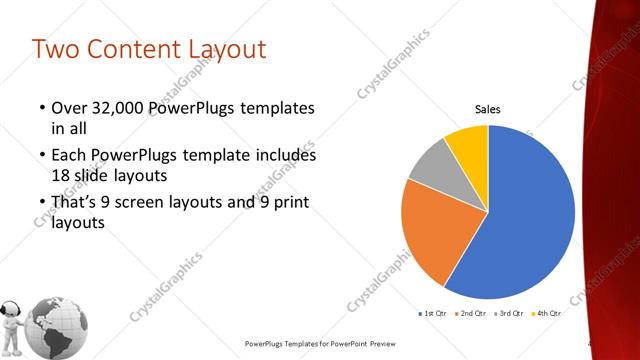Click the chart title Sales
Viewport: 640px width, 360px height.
pos(487,109)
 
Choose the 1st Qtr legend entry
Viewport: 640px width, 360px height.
pos(432,313)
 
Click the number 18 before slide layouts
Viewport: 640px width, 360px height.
pos(62,174)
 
